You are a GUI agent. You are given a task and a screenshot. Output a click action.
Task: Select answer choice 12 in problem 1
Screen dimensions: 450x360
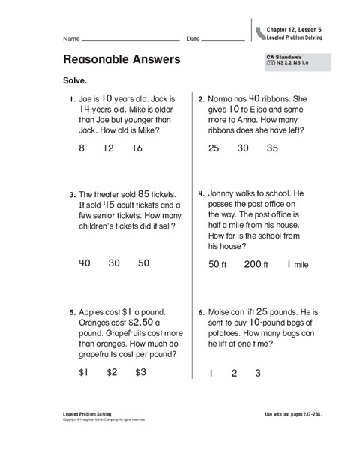tap(109, 148)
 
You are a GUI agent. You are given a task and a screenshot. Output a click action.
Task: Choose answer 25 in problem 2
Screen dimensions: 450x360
tap(214, 148)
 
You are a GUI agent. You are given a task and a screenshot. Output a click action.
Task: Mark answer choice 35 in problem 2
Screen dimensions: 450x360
tap(272, 148)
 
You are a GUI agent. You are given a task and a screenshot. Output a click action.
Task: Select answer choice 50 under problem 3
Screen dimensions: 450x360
tap(142, 262)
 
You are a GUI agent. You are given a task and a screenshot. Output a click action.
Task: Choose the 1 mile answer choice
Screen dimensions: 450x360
tap(297, 264)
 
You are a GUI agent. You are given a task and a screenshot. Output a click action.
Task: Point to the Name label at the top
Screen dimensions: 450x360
tap(71, 38)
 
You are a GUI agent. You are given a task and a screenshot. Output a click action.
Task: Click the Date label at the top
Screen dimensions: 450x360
tap(193, 38)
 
